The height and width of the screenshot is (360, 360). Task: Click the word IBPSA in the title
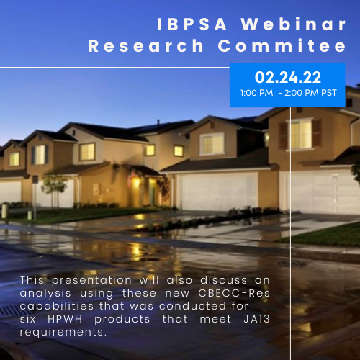pos(192,24)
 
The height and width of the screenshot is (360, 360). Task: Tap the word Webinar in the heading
pos(293,24)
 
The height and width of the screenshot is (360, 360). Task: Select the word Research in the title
pos(145,45)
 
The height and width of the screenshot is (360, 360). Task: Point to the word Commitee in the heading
pos(282,45)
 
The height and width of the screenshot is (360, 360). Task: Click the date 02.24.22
pos(288,77)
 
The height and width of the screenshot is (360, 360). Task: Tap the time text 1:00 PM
pos(256,93)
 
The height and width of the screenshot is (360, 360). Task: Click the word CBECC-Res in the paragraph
pos(234,293)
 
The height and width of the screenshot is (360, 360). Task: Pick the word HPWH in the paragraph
pos(65,319)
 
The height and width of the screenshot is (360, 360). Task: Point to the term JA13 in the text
pos(256,319)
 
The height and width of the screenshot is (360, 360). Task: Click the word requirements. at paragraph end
pos(63,333)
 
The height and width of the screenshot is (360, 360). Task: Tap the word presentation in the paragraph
pos(91,281)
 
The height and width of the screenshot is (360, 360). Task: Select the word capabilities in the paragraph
pos(57,307)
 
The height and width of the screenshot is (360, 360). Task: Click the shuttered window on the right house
pos(301,134)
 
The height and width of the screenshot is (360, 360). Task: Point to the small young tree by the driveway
pos(54,189)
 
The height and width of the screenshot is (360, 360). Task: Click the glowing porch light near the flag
pos(137,182)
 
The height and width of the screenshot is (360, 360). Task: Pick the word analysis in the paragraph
pos(45,294)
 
